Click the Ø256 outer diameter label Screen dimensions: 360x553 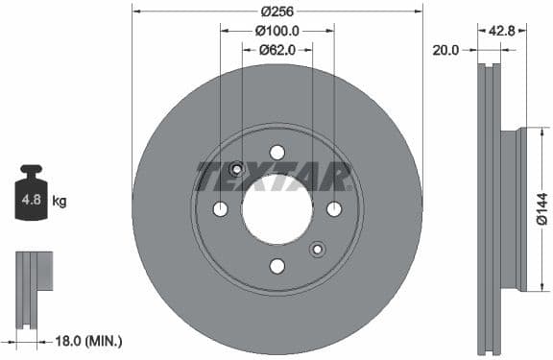pyautogui.click(x=276, y=12)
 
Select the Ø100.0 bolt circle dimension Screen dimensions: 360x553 pyautogui.click(x=277, y=31)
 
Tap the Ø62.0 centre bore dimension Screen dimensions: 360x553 pyautogui.click(x=277, y=50)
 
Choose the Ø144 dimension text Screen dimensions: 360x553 pyautogui.click(x=541, y=209)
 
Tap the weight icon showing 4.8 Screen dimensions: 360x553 pyautogui.click(x=32, y=198)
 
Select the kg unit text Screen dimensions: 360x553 pyautogui.click(x=59, y=202)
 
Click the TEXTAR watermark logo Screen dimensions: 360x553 pyautogui.click(x=275, y=177)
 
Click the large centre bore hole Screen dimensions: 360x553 pyautogui.click(x=276, y=209)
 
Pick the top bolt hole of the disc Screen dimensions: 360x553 pyautogui.click(x=277, y=153)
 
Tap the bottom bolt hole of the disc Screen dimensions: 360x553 pyautogui.click(x=277, y=266)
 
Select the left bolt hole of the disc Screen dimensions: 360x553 pyautogui.click(x=220, y=209)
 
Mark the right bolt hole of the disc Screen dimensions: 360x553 pyautogui.click(x=334, y=209)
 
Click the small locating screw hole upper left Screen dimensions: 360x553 pyautogui.click(x=236, y=169)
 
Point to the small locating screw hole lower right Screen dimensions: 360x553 pyautogui.click(x=318, y=250)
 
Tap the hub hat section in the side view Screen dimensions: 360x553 pyautogui.click(x=520, y=209)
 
